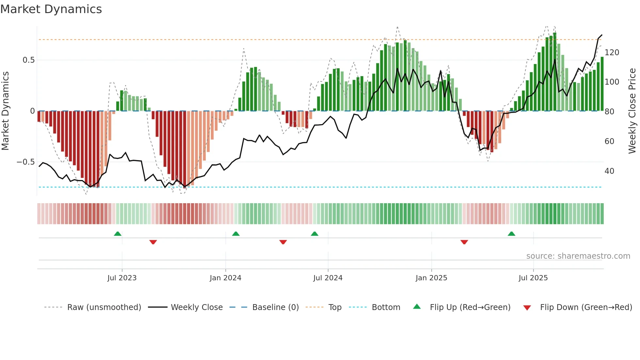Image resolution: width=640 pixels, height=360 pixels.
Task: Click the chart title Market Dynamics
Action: pyautogui.click(x=51, y=9)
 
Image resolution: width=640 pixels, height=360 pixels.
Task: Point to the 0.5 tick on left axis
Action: pyautogui.click(x=28, y=60)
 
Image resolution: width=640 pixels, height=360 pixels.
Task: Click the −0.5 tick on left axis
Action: pyautogui.click(x=26, y=162)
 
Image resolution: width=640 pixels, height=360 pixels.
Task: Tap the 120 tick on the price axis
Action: pyautogui.click(x=612, y=53)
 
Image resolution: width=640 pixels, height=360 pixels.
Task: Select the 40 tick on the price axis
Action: pyautogui.click(x=609, y=171)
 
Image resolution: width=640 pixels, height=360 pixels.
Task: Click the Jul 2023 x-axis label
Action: pyautogui.click(x=122, y=278)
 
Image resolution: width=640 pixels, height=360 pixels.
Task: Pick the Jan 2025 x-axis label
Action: pyautogui.click(x=431, y=278)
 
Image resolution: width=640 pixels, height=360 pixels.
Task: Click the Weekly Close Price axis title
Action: pyautogui.click(x=632, y=111)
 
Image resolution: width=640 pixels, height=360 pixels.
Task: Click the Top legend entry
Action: pyautogui.click(x=335, y=307)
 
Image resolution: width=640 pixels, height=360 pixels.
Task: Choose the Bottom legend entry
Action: pyautogui.click(x=386, y=307)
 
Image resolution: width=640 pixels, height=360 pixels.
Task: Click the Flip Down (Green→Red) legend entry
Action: pyautogui.click(x=586, y=307)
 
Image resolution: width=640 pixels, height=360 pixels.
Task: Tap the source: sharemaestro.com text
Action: pyautogui.click(x=578, y=256)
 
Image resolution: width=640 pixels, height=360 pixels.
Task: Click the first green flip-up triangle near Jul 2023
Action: pyautogui.click(x=118, y=234)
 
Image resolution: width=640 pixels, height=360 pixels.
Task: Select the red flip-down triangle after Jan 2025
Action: pyautogui.click(x=464, y=242)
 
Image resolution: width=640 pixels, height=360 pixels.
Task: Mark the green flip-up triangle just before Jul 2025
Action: pyautogui.click(x=511, y=234)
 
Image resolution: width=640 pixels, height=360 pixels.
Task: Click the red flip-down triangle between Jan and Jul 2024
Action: pyautogui.click(x=283, y=242)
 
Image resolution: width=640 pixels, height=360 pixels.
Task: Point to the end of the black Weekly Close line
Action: pyautogui.click(x=602, y=35)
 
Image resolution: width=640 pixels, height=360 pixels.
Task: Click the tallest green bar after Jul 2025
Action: pyautogui.click(x=555, y=72)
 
